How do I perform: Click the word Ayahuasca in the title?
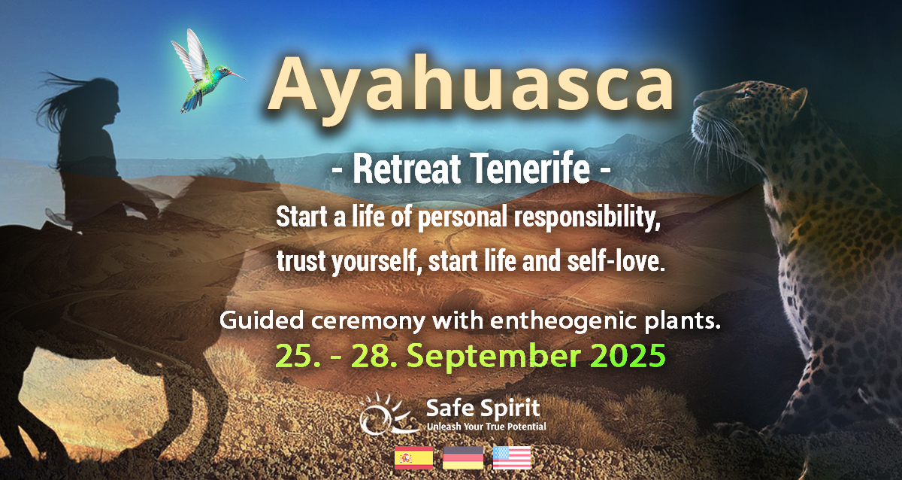(x=471, y=87)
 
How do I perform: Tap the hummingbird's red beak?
(x=238, y=75)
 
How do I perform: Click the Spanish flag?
(x=413, y=458)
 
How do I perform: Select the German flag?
(x=463, y=458)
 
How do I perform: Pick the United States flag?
(x=512, y=458)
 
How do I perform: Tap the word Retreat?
(x=407, y=169)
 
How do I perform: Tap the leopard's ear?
(x=798, y=101)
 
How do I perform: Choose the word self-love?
(x=616, y=261)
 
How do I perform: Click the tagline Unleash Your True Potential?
(x=486, y=427)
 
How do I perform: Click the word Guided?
(x=262, y=321)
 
